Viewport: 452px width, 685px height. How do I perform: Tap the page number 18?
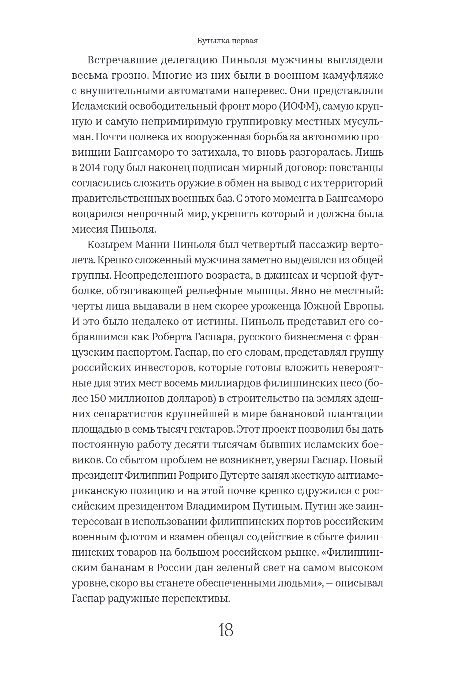(x=226, y=630)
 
